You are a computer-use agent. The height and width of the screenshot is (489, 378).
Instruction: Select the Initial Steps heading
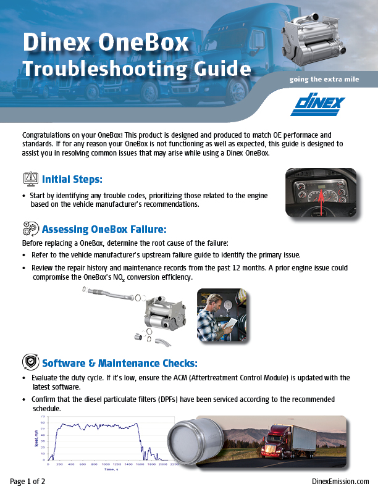[x=72, y=180]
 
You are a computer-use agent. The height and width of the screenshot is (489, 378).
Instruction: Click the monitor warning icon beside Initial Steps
[x=30, y=180]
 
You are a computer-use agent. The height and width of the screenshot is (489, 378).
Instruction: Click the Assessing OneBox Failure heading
[x=104, y=230]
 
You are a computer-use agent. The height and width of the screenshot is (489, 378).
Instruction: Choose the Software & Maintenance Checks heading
[x=119, y=362]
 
